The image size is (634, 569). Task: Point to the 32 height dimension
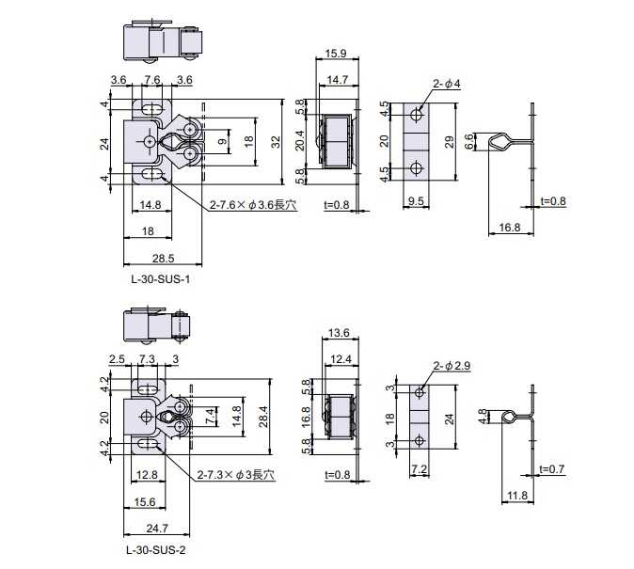click(276, 141)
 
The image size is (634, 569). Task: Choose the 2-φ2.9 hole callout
click(450, 365)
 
